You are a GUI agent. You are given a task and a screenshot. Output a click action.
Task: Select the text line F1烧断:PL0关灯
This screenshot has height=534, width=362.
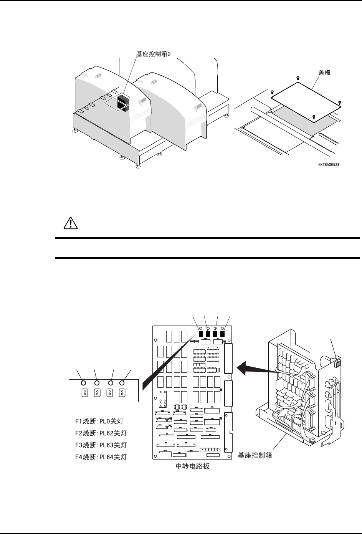101,421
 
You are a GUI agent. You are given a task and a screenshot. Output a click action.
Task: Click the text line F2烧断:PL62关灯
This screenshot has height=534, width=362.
101,433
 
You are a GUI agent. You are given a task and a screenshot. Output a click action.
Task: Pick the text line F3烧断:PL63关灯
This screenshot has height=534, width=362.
101,445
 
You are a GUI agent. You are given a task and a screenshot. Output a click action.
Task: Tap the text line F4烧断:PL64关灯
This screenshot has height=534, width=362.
101,457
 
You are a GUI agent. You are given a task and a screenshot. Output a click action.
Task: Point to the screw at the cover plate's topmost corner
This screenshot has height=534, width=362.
298,78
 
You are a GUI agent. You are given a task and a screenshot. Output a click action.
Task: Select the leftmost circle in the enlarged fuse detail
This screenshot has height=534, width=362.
83,382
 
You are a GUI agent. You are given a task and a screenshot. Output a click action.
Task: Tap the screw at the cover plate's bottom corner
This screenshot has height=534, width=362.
314,117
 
